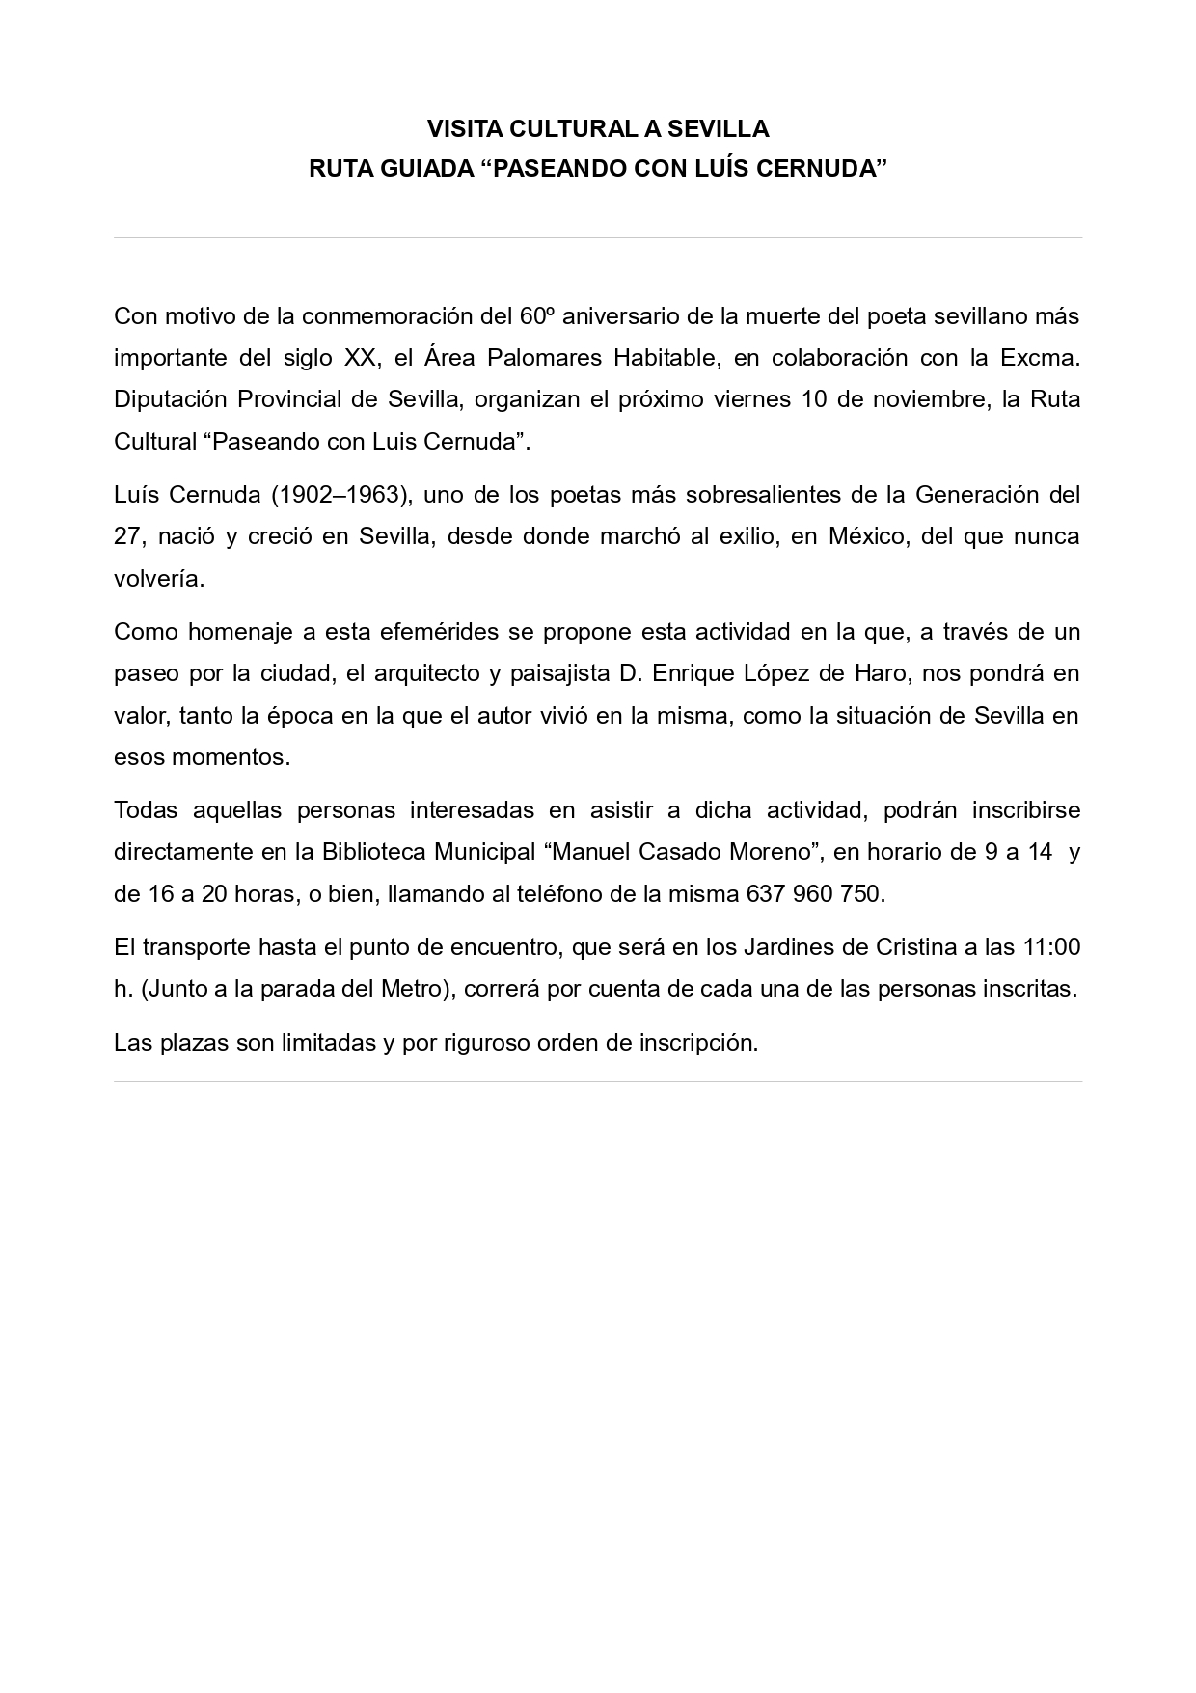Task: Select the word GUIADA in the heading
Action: [421, 169]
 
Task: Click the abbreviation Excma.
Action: [1040, 358]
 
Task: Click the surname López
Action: [776, 673]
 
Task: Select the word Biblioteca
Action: [374, 853]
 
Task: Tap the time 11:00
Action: [1051, 947]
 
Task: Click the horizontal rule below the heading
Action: [598, 237]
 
